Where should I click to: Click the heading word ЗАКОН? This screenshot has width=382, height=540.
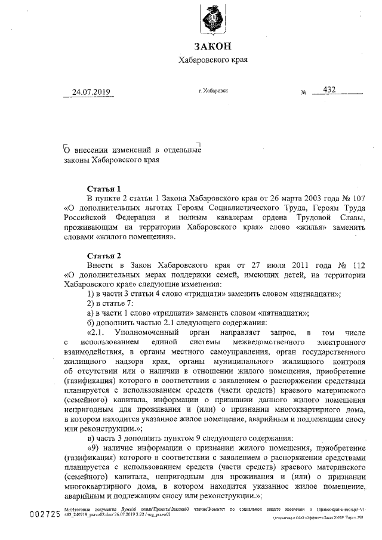click(x=212, y=46)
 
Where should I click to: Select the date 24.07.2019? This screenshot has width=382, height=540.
click(x=91, y=92)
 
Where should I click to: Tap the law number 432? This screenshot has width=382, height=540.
click(x=329, y=90)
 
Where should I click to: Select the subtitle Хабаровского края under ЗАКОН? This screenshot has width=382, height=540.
click(x=212, y=60)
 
